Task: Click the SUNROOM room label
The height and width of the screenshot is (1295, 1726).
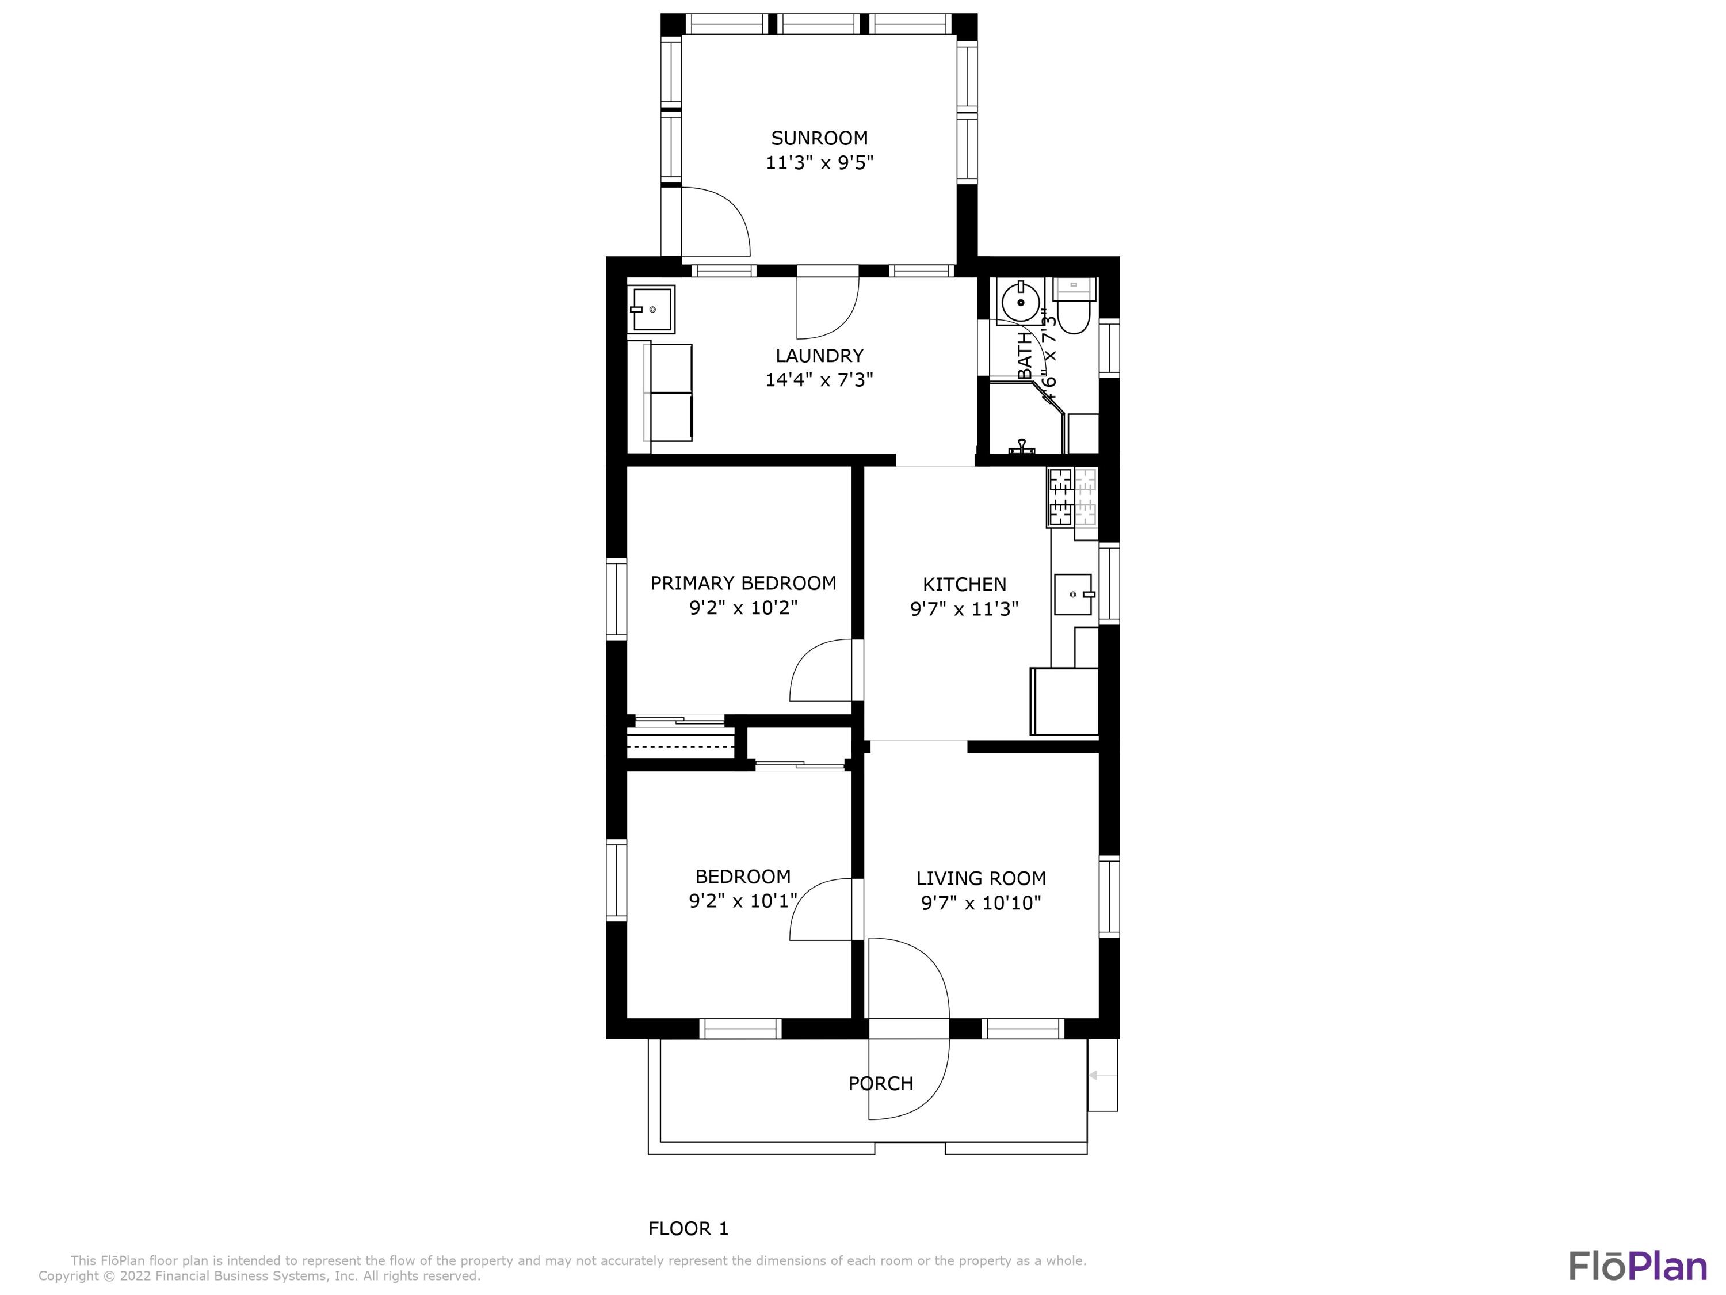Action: pos(819,138)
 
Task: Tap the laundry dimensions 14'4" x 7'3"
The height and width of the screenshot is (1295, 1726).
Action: pos(819,380)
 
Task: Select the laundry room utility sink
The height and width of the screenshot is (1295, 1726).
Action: pos(651,309)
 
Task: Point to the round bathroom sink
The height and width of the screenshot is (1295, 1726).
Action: pos(1020,303)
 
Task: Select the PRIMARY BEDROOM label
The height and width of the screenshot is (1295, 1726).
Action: pos(743,583)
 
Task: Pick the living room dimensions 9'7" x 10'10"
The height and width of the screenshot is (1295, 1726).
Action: pos(981,903)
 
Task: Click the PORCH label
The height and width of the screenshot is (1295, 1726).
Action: pos(880,1083)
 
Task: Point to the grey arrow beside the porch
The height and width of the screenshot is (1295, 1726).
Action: pos(1102,1076)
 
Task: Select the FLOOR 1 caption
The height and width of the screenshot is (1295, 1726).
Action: pos(688,1229)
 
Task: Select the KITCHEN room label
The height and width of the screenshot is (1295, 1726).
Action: pos(964,584)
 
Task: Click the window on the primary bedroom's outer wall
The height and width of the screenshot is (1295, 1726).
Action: pos(616,599)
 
